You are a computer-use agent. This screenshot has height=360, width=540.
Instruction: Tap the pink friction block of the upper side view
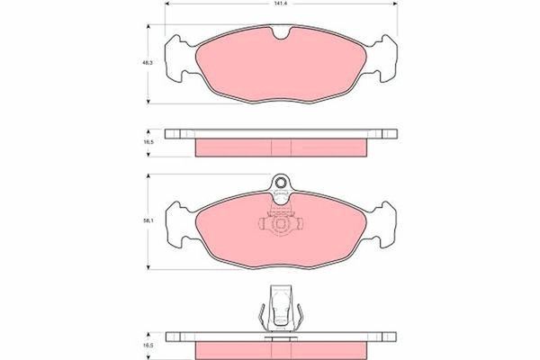282,145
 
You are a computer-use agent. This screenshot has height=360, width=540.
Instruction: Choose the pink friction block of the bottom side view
282,347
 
